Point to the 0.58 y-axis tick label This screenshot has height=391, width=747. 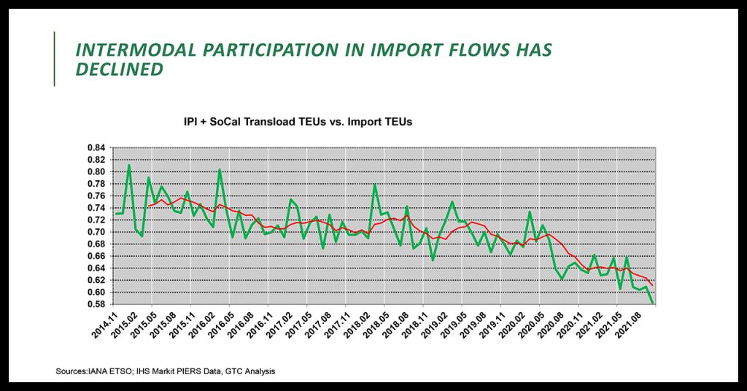(x=96, y=304)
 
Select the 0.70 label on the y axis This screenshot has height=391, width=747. (x=96, y=232)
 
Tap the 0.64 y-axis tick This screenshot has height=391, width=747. (x=96, y=268)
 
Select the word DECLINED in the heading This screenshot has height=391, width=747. (x=120, y=70)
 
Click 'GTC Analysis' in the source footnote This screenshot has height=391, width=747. (x=250, y=372)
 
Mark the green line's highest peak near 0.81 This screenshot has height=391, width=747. (x=129, y=165)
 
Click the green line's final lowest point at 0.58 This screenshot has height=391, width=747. (x=652, y=303)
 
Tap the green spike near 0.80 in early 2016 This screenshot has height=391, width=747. (x=220, y=170)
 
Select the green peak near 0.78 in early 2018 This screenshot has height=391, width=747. (x=375, y=185)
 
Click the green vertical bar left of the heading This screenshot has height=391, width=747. (x=55, y=59)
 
